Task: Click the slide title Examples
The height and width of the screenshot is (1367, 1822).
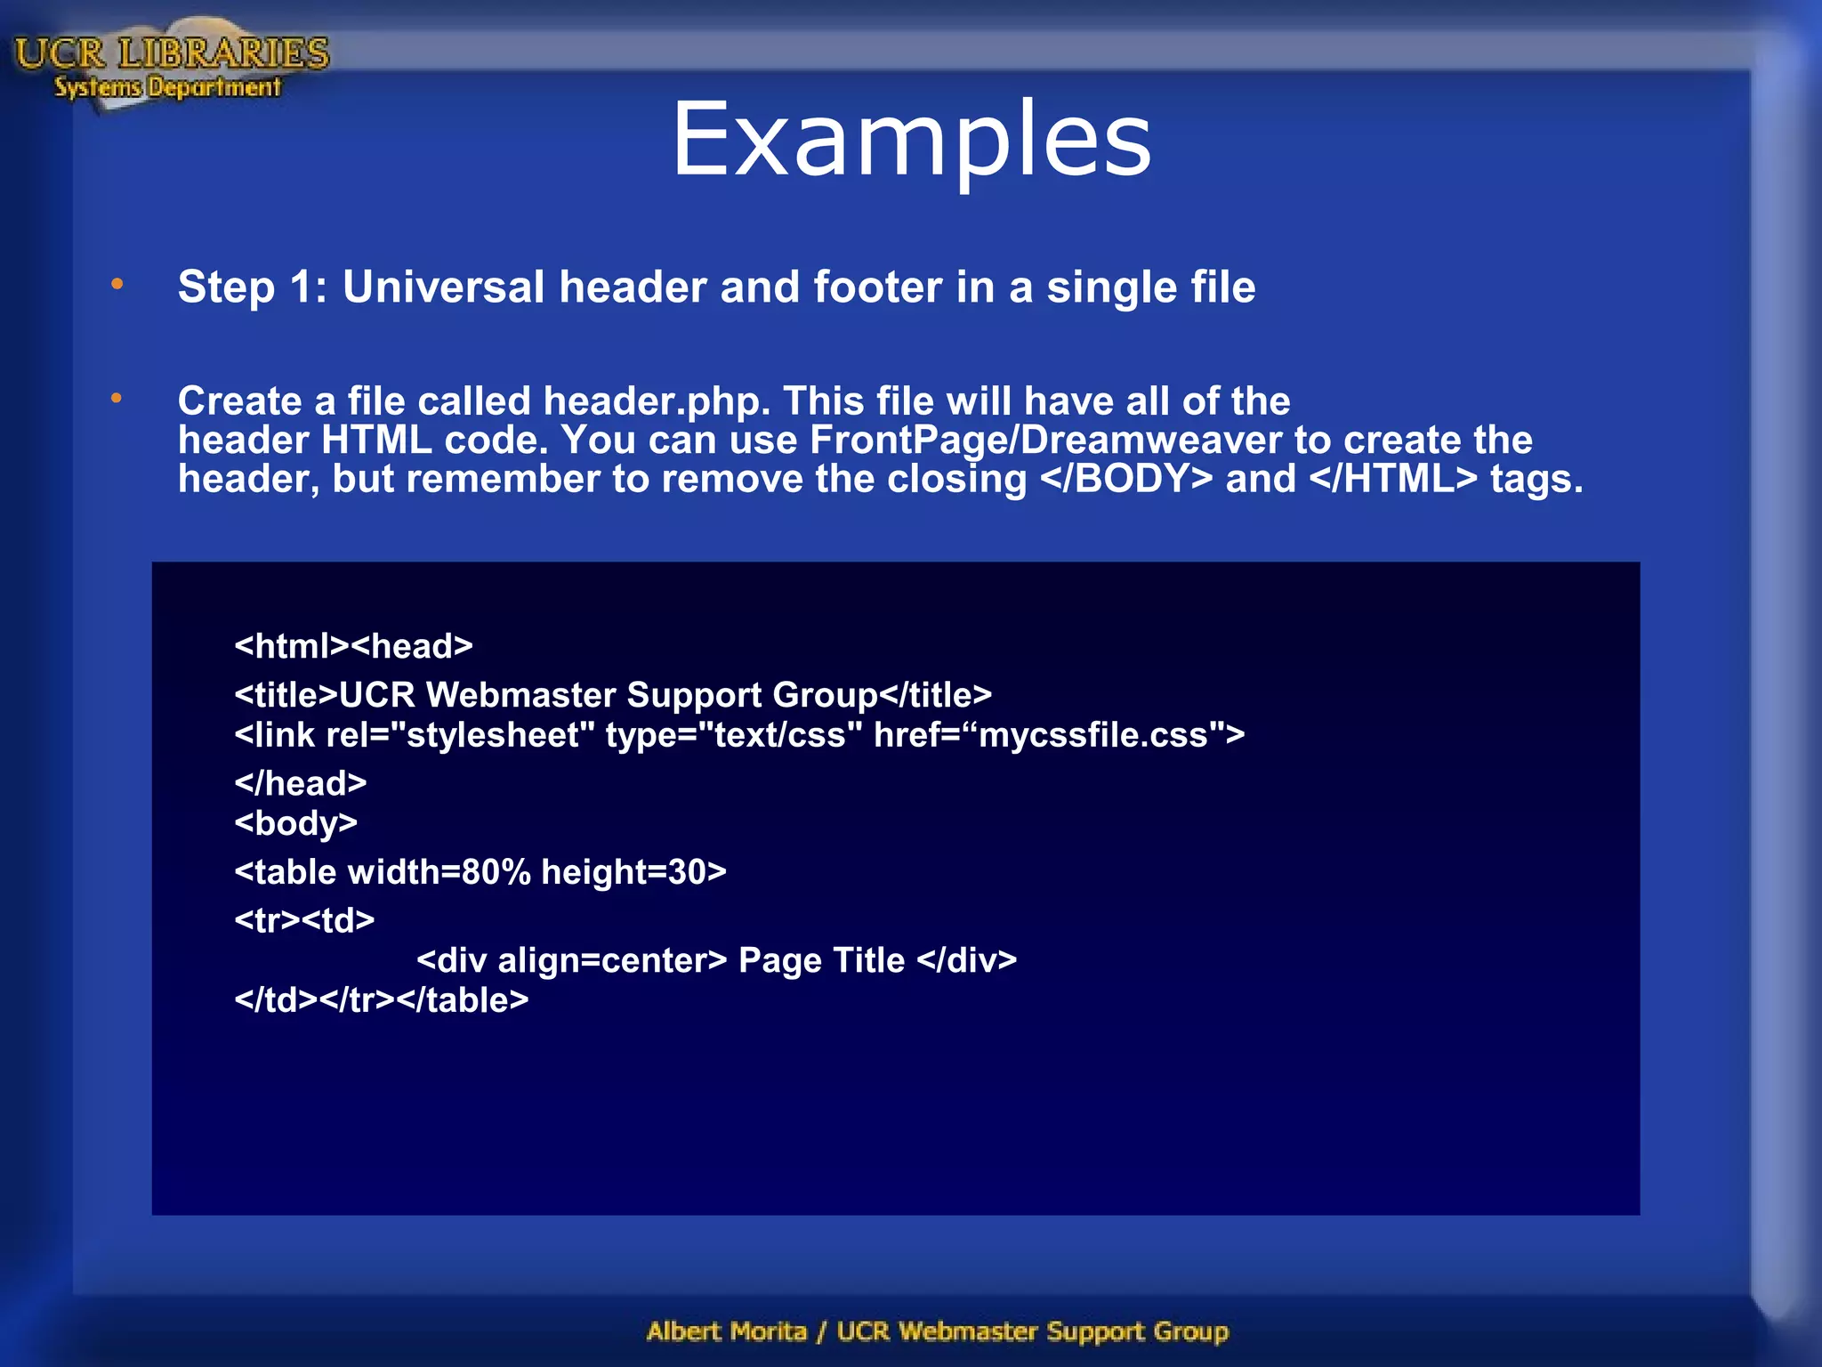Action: point(911,141)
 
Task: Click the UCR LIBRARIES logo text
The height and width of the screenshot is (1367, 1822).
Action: point(172,54)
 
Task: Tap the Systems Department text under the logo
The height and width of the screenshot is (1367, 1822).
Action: point(167,87)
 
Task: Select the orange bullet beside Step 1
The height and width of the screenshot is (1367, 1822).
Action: point(117,285)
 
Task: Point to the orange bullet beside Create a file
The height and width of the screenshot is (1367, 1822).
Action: point(117,399)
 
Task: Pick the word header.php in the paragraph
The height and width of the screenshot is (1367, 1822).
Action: point(657,401)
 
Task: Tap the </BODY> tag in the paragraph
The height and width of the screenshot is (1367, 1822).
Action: point(1125,480)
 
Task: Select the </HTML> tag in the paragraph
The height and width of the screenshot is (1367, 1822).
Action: point(1393,480)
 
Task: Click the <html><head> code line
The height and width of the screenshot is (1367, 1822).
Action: point(353,646)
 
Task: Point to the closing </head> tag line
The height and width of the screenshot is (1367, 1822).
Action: point(301,783)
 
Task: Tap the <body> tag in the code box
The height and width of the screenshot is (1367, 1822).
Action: point(295,823)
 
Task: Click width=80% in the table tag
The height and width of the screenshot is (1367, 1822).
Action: point(439,872)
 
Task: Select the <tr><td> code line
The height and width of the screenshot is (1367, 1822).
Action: point(304,920)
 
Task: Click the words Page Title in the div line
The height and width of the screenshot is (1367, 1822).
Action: point(821,960)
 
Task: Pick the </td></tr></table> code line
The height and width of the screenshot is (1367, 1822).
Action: point(381,1000)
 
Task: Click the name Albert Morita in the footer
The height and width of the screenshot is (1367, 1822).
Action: point(726,1331)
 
